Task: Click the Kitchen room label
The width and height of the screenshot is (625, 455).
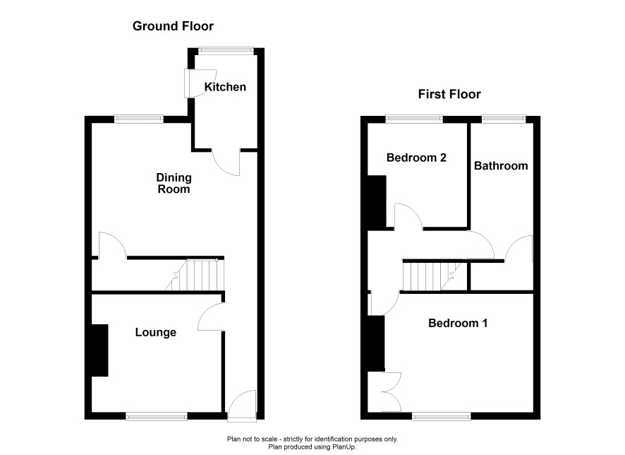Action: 225,87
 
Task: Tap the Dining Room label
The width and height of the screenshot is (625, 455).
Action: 174,183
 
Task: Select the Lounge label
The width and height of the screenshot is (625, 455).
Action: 155,333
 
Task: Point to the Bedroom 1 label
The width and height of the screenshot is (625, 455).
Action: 458,323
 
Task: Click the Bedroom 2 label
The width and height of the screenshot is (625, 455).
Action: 416,158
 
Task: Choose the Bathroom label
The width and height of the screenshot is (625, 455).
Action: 501,165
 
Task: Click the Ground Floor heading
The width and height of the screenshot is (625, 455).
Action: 173,26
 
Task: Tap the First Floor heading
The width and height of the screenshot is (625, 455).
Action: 449,94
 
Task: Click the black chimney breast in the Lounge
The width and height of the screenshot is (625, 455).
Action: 99,350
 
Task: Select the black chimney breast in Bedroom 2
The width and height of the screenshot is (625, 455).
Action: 376,202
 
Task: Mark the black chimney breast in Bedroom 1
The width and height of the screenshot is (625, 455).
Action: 375,343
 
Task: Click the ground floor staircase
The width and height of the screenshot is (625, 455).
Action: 195,275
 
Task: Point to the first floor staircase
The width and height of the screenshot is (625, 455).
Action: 432,276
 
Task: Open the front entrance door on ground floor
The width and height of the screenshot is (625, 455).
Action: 241,405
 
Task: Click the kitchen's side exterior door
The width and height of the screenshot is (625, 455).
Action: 200,83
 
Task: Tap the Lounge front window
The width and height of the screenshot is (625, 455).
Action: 157,416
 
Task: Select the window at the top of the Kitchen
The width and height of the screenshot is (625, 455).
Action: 226,51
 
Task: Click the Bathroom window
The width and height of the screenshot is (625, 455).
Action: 504,119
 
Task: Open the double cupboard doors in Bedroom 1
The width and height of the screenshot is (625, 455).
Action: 384,392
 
